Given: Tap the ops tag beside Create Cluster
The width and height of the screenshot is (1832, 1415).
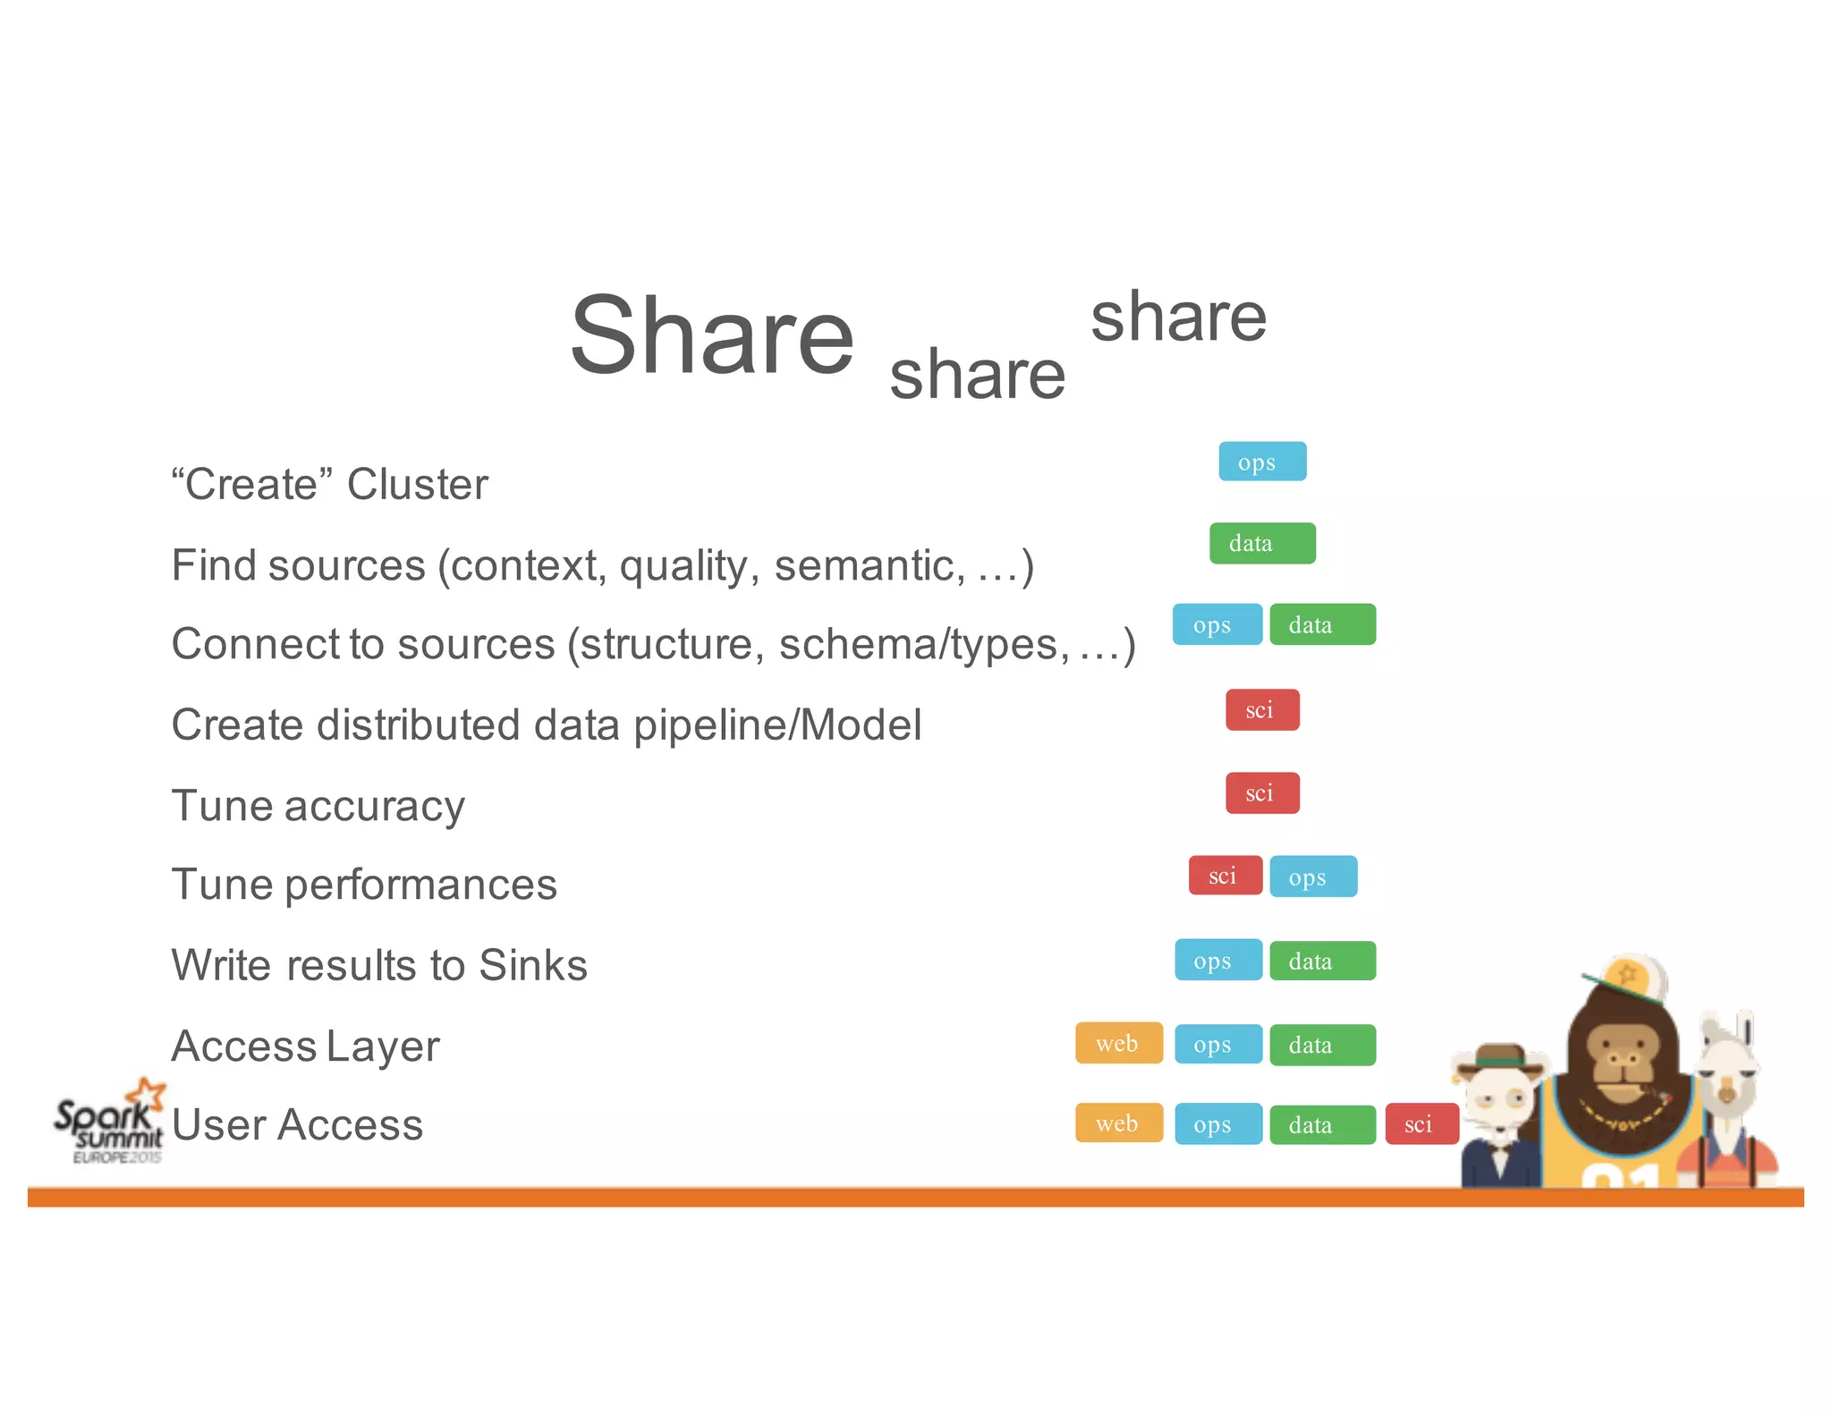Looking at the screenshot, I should pos(1261,462).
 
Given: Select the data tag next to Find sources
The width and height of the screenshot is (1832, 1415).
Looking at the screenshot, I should pos(1261,543).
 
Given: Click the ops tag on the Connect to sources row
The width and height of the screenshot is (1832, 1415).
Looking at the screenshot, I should pos(1217,624).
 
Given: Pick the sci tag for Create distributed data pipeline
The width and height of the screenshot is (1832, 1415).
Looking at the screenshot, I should pos(1261,709).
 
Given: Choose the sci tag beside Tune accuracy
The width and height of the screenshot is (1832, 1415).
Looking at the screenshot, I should pos(1261,792).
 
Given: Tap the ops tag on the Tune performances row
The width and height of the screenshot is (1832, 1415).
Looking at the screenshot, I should pos(1312,877).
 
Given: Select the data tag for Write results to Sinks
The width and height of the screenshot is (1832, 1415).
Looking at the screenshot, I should pos(1321,961).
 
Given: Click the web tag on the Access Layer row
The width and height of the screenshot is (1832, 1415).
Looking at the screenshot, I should pos(1118,1043).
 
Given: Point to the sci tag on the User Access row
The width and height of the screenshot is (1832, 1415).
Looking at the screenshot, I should pos(1421,1124).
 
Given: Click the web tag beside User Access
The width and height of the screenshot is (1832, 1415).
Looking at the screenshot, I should pos(1118,1123).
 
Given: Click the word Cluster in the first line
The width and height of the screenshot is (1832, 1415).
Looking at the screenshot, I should pos(417,485).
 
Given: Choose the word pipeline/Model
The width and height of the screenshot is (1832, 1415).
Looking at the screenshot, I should pos(776,725).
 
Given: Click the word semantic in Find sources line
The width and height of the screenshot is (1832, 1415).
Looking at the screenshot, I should pos(869,565).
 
